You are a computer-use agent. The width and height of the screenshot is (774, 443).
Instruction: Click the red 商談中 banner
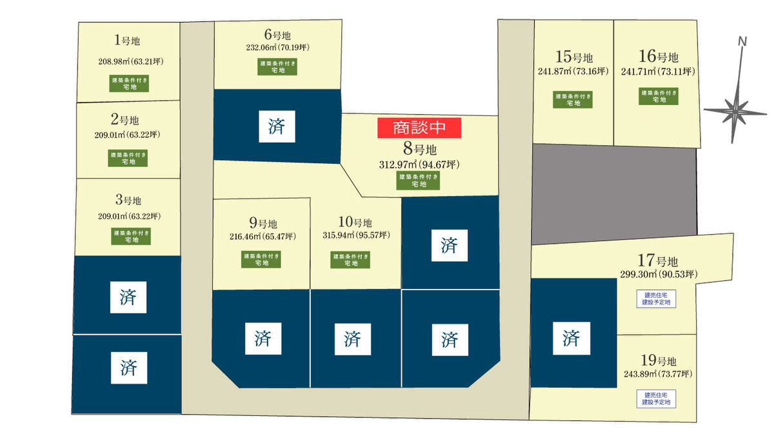pos(419,128)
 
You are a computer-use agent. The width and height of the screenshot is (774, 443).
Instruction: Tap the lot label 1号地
pos(127,41)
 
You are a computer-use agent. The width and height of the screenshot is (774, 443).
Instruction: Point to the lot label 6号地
pos(277,35)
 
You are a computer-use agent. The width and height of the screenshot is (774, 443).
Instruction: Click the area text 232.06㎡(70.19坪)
pos(277,47)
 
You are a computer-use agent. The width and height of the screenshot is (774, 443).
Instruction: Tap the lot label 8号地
pos(419,150)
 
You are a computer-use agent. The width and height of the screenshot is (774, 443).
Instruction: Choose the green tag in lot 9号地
pos(262,259)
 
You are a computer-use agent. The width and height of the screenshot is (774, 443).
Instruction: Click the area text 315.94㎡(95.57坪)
pos(356,235)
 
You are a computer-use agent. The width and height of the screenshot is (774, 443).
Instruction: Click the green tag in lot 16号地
pos(659,97)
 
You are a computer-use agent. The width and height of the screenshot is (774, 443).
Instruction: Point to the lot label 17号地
pos(657,262)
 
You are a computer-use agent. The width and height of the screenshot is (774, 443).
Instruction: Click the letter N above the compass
pos(742,42)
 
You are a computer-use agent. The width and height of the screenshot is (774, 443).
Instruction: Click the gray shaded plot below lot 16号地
pos(615,193)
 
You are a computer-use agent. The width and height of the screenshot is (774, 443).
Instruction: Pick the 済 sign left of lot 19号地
pos(571,337)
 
